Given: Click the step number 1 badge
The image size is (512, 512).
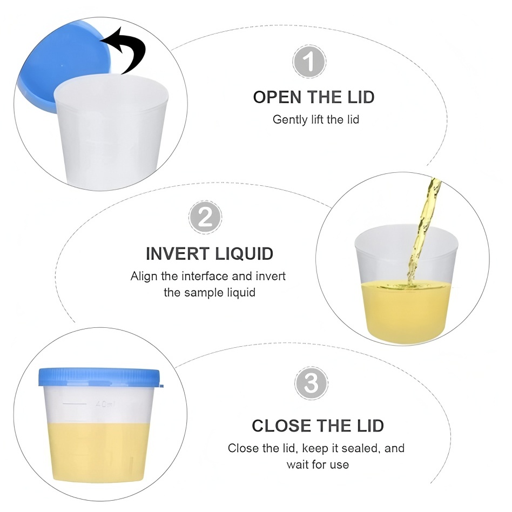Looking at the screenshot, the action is [309, 62].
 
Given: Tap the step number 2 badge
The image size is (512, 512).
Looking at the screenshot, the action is [205, 217].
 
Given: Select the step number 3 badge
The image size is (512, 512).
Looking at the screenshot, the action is [311, 383].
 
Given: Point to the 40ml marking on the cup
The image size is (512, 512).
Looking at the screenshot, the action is [106, 404].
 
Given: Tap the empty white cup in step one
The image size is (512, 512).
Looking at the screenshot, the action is [111, 131].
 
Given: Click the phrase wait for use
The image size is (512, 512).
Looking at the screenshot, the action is [318, 464].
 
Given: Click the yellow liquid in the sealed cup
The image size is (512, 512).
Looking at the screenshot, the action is [98, 457].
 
